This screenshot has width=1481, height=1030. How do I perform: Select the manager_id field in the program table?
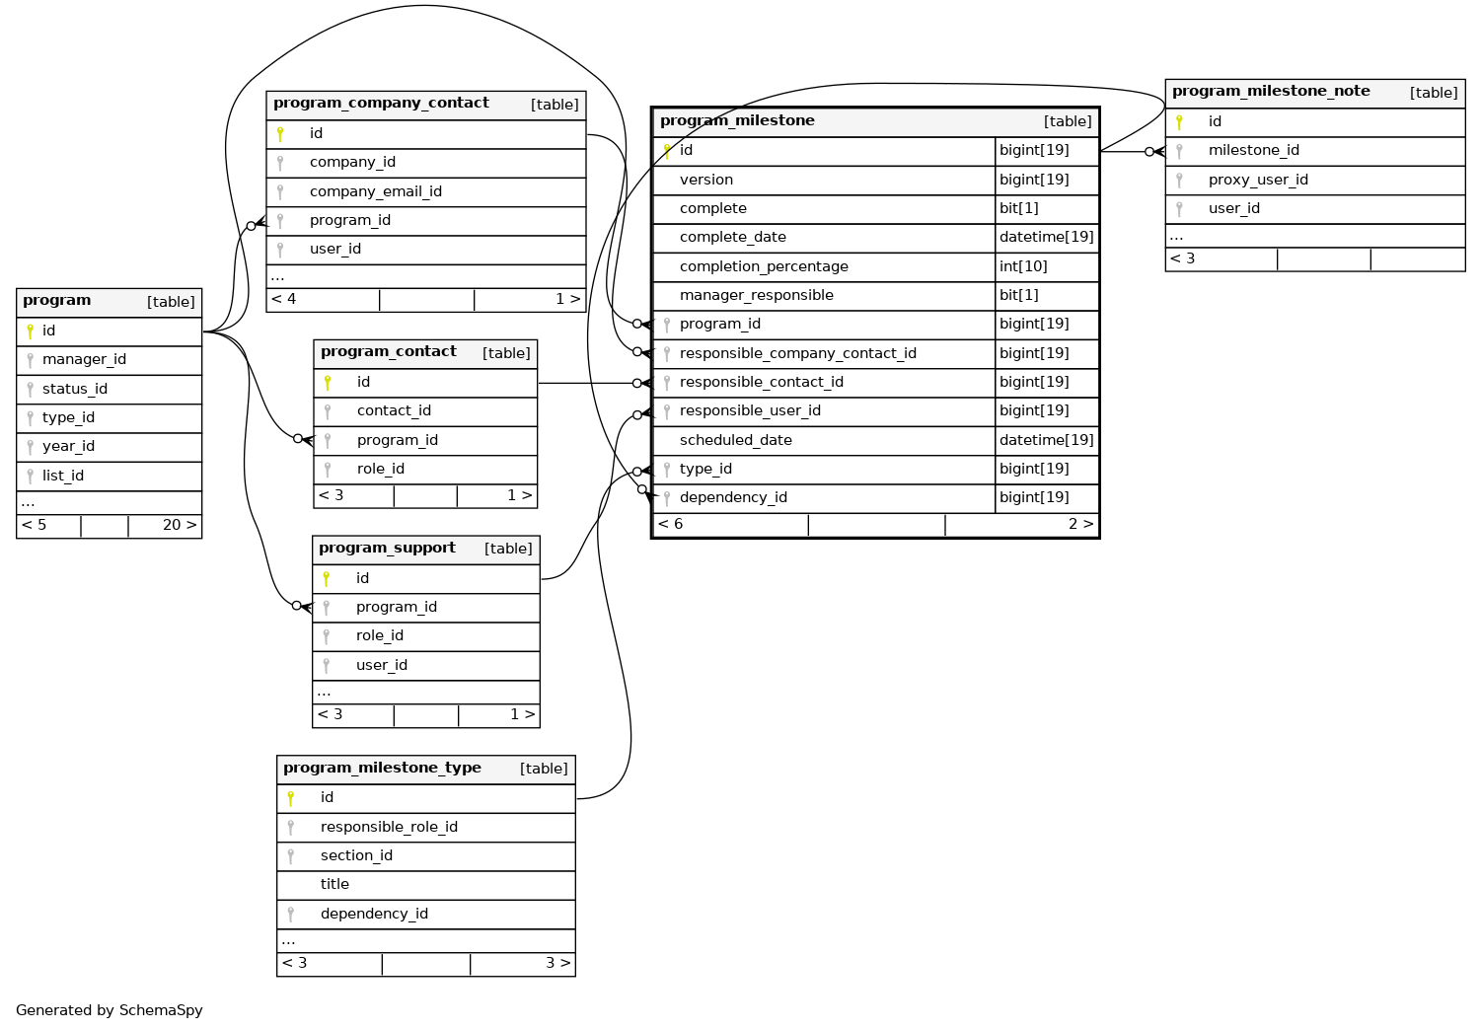point(84,360)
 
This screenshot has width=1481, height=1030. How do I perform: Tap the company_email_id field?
point(375,191)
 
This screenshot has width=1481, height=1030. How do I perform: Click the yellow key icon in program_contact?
point(328,383)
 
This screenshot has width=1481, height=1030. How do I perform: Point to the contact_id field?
point(394,411)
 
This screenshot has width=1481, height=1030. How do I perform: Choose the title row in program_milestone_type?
point(334,885)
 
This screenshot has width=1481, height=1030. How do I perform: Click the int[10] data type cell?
point(1023,266)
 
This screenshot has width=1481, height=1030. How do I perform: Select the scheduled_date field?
point(735,440)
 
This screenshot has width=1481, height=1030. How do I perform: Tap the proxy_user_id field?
point(1258,180)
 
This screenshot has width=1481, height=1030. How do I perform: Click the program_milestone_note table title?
point(1271,92)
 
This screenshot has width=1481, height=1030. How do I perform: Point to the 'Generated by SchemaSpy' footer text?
point(110,1010)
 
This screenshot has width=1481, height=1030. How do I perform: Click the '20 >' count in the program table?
point(179,525)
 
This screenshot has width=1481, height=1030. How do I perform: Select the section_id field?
point(356,856)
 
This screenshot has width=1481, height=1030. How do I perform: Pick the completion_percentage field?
point(764,266)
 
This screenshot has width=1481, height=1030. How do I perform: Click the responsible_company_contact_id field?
point(797,353)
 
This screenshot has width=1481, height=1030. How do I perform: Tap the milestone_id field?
point(1253,151)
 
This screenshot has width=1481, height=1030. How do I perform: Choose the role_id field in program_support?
point(379,636)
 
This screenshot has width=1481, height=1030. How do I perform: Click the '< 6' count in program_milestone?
point(671,524)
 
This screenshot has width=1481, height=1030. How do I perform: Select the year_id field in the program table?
point(68,447)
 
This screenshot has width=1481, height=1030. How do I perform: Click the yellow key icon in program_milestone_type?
point(291,798)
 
